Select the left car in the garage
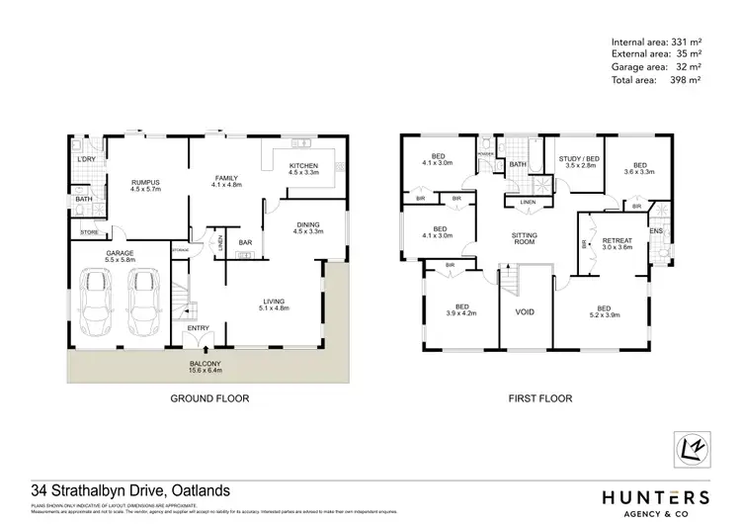point(100,304)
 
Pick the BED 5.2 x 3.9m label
point(604,311)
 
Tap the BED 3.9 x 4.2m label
point(461,311)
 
